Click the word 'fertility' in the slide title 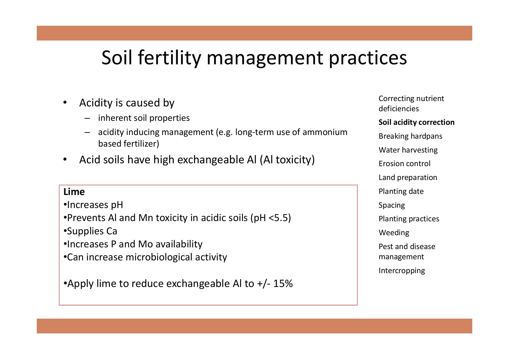169,58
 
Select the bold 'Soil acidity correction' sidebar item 416,122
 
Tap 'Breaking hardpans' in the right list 410,136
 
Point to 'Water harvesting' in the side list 408,150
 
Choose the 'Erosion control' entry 404,164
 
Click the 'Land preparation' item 408,177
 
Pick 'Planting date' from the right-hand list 401,191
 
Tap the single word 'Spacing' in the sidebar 392,205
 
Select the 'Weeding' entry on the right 394,233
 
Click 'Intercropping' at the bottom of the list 402,271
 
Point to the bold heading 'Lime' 74,192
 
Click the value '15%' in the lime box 283,284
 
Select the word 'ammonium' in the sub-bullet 325,132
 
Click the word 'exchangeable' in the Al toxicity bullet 207,160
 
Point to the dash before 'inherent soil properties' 87,118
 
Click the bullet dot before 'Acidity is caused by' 65,103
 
